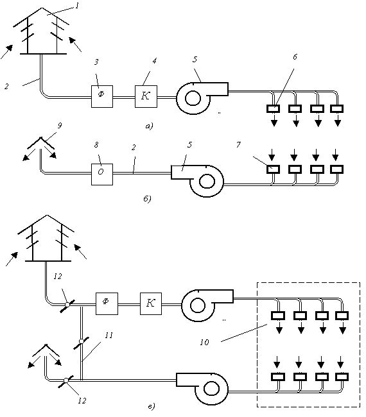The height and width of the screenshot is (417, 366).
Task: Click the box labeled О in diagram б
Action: click(x=102, y=174)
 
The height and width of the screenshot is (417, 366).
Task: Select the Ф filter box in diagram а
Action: click(x=102, y=96)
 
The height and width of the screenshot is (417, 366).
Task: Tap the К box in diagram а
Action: click(x=146, y=96)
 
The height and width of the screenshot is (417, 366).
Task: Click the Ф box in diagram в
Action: click(x=107, y=303)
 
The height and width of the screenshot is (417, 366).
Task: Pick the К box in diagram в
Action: click(x=151, y=303)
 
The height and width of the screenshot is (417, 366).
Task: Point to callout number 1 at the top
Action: click(x=77, y=6)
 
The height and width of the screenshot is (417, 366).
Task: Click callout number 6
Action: click(x=295, y=56)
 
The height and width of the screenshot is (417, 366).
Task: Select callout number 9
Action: click(x=59, y=125)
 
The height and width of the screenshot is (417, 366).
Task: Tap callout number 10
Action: click(x=204, y=342)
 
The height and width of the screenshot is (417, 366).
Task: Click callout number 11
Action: click(x=109, y=336)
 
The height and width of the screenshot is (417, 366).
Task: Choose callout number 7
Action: click(x=238, y=144)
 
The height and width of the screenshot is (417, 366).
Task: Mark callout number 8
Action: click(x=96, y=145)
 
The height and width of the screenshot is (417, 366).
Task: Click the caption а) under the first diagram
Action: click(x=150, y=126)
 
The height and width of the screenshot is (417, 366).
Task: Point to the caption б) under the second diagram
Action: click(x=147, y=199)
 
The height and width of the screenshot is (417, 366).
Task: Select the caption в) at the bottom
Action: click(x=151, y=406)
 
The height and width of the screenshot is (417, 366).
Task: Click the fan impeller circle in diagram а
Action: click(x=193, y=98)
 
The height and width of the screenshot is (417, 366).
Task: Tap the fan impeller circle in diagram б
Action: click(x=207, y=182)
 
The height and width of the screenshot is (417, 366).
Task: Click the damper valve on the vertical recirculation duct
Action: click(x=81, y=342)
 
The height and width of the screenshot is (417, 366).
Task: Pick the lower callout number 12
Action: click(x=82, y=400)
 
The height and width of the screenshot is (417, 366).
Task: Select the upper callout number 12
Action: click(x=58, y=277)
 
